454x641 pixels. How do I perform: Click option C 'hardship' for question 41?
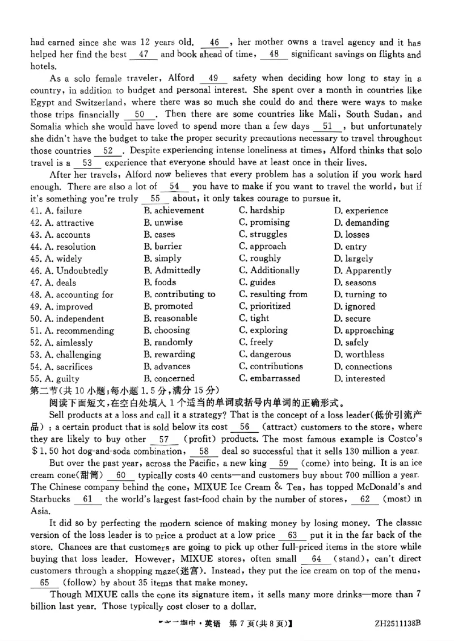262,210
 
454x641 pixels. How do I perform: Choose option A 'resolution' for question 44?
62,247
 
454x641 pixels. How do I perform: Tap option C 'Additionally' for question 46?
269,270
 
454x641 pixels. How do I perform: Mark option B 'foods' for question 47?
160,282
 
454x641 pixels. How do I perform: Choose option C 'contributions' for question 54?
271,366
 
